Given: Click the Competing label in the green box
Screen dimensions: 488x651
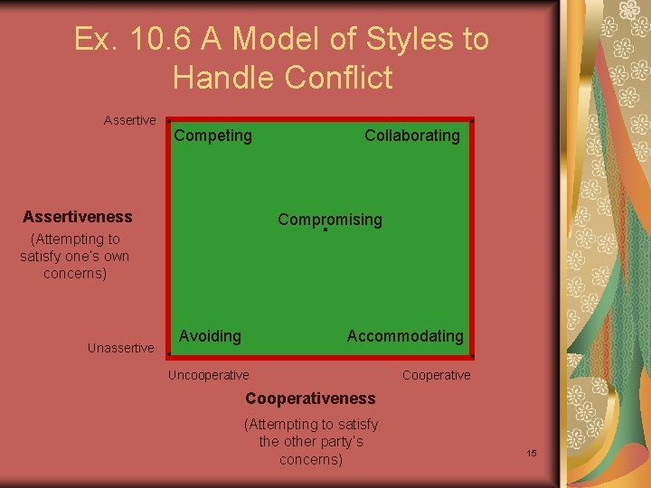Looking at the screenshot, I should tap(212, 136).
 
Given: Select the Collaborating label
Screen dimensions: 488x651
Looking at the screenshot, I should tap(411, 136).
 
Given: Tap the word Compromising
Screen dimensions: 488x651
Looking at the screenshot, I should tap(330, 220).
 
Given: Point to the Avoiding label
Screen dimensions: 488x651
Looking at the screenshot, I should tap(210, 336).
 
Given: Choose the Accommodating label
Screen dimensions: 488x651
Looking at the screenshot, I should tap(405, 336).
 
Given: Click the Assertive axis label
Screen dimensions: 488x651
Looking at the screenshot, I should tap(129, 120).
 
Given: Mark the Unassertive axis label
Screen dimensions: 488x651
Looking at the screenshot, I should tap(120, 348).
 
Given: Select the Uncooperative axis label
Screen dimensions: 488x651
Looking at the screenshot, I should tap(209, 375).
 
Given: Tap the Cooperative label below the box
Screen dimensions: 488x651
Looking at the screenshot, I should tap(436, 375).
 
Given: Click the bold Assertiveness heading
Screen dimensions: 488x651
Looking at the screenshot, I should tap(77, 217).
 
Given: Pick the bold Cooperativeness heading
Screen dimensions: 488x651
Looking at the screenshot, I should tap(310, 399).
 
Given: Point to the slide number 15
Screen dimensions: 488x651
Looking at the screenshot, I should tap(532, 452).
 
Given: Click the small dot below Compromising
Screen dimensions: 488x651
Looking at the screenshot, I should tap(325, 230).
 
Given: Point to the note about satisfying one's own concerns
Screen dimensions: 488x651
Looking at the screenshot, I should tap(74, 256).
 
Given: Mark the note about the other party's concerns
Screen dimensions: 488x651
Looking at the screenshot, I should tap(311, 442).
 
